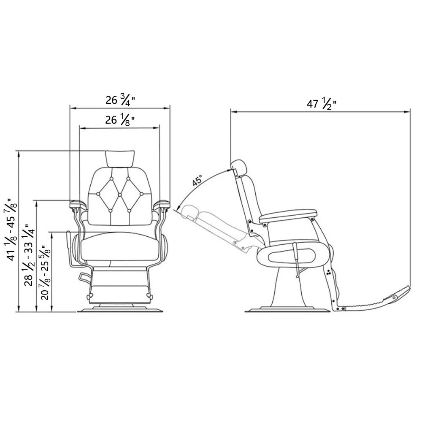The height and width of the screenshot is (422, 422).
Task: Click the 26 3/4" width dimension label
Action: pos(120,100)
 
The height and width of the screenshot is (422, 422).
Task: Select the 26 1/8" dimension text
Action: pos(120,120)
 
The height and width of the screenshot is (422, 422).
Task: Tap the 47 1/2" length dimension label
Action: pos(321,104)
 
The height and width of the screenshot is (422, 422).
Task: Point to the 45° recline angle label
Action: pos(197,180)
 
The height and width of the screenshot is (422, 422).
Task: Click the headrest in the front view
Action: pos(120,158)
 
